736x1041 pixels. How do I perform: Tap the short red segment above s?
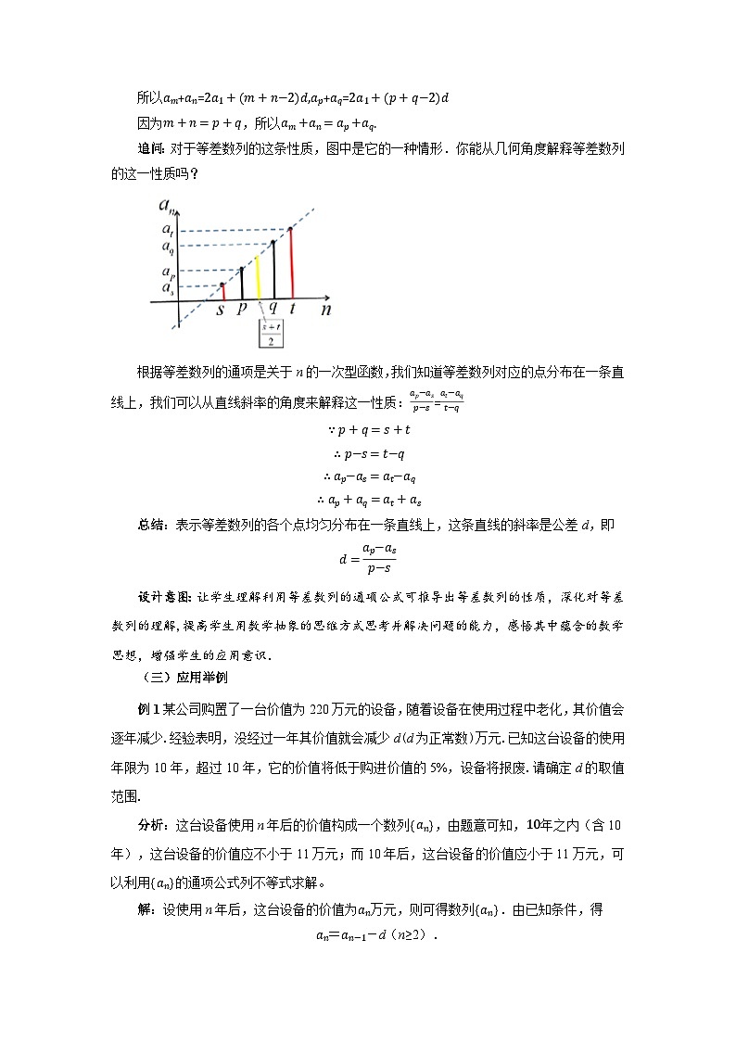tap(222, 291)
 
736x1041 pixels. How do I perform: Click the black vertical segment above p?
tap(242, 283)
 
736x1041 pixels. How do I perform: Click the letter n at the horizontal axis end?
tap(325, 311)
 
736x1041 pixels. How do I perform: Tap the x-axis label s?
tap(221, 311)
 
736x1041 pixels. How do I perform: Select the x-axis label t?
tap(293, 311)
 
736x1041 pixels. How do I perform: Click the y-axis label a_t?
tap(167, 230)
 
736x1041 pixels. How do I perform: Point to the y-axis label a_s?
tap(167, 288)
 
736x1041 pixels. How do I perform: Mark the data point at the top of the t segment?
tap(291, 228)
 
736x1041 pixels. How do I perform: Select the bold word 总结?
tap(150, 524)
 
